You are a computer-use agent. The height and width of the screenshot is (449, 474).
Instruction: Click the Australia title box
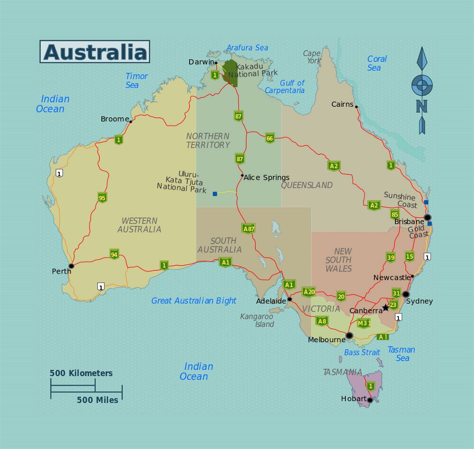click(95, 52)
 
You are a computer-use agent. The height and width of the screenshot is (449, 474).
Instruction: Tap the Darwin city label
click(201, 62)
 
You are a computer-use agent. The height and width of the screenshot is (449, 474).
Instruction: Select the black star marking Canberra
click(386, 308)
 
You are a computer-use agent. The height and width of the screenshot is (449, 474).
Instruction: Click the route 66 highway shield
click(269, 138)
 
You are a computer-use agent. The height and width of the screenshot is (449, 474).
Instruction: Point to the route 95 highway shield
click(102, 197)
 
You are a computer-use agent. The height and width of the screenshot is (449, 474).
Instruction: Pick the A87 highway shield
click(248, 228)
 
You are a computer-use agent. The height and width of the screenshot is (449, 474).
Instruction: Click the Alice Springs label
click(266, 177)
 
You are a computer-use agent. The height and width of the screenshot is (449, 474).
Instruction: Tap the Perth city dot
click(71, 266)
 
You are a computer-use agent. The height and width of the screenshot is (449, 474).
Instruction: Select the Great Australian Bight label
click(194, 301)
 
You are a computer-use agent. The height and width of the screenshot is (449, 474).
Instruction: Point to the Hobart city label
click(353, 399)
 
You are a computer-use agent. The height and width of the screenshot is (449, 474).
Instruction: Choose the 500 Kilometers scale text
click(81, 373)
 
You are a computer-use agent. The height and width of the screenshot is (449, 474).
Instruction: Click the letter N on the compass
click(422, 106)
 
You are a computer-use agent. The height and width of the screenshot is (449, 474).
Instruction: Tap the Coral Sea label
click(377, 63)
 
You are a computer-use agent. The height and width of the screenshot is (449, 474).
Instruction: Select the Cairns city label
click(342, 104)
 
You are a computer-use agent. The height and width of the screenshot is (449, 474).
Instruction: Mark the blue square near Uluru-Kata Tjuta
click(215, 194)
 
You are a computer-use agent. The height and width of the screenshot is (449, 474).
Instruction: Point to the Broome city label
click(115, 119)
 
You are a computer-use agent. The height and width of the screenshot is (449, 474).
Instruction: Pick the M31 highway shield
click(363, 323)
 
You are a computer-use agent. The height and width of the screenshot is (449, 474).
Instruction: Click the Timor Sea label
click(136, 80)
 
